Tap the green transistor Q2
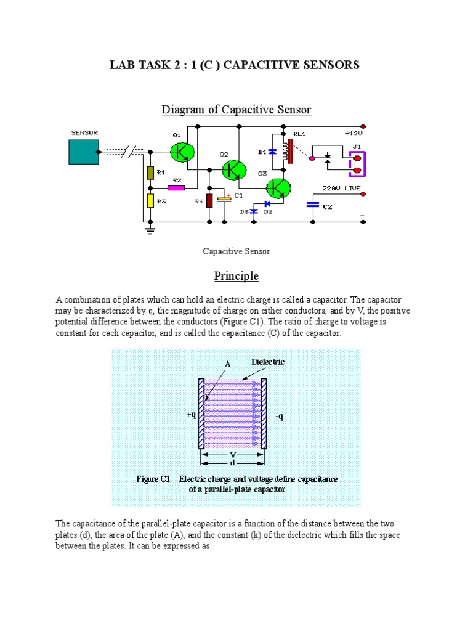[234, 169]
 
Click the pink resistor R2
[176, 187]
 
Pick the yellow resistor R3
[149, 200]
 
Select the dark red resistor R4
[209, 200]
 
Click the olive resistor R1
[149, 173]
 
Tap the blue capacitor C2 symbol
[313, 205]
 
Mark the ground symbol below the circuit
[150, 230]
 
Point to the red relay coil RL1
[286, 152]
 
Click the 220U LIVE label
[342, 188]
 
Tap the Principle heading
[236, 275]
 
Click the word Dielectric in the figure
[268, 362]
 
